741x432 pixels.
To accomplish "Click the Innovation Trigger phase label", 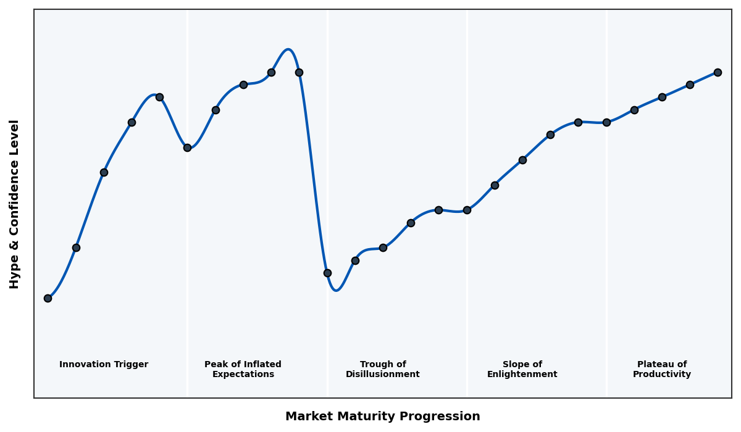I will [x=104, y=365].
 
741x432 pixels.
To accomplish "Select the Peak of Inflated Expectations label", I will [x=243, y=369].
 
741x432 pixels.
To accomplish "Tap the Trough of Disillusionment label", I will [x=383, y=369].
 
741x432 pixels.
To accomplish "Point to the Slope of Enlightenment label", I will [x=522, y=369].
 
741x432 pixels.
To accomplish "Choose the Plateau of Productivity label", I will [x=662, y=369].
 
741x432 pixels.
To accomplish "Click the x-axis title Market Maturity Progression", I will [x=382, y=417].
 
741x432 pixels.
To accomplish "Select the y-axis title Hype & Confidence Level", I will [x=15, y=204].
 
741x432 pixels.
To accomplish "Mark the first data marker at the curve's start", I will [x=48, y=298].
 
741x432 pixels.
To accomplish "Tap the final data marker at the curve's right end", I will [x=718, y=72].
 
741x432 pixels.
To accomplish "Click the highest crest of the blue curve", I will [x=288, y=49].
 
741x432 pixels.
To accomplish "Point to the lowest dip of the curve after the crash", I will [x=336, y=290].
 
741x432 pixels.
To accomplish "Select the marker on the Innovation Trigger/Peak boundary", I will [x=187, y=147].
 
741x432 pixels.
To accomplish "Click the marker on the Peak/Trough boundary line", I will [x=327, y=273].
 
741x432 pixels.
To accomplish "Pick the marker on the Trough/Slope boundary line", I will [x=467, y=210].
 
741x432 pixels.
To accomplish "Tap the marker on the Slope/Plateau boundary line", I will [x=606, y=122].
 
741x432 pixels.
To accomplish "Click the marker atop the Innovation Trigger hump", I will [x=159, y=97].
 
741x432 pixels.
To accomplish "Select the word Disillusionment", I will [x=383, y=375].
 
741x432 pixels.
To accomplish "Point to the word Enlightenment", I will [x=522, y=375].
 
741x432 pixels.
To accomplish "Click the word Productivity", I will [x=662, y=375].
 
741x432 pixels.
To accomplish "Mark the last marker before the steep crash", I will [x=299, y=72].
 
